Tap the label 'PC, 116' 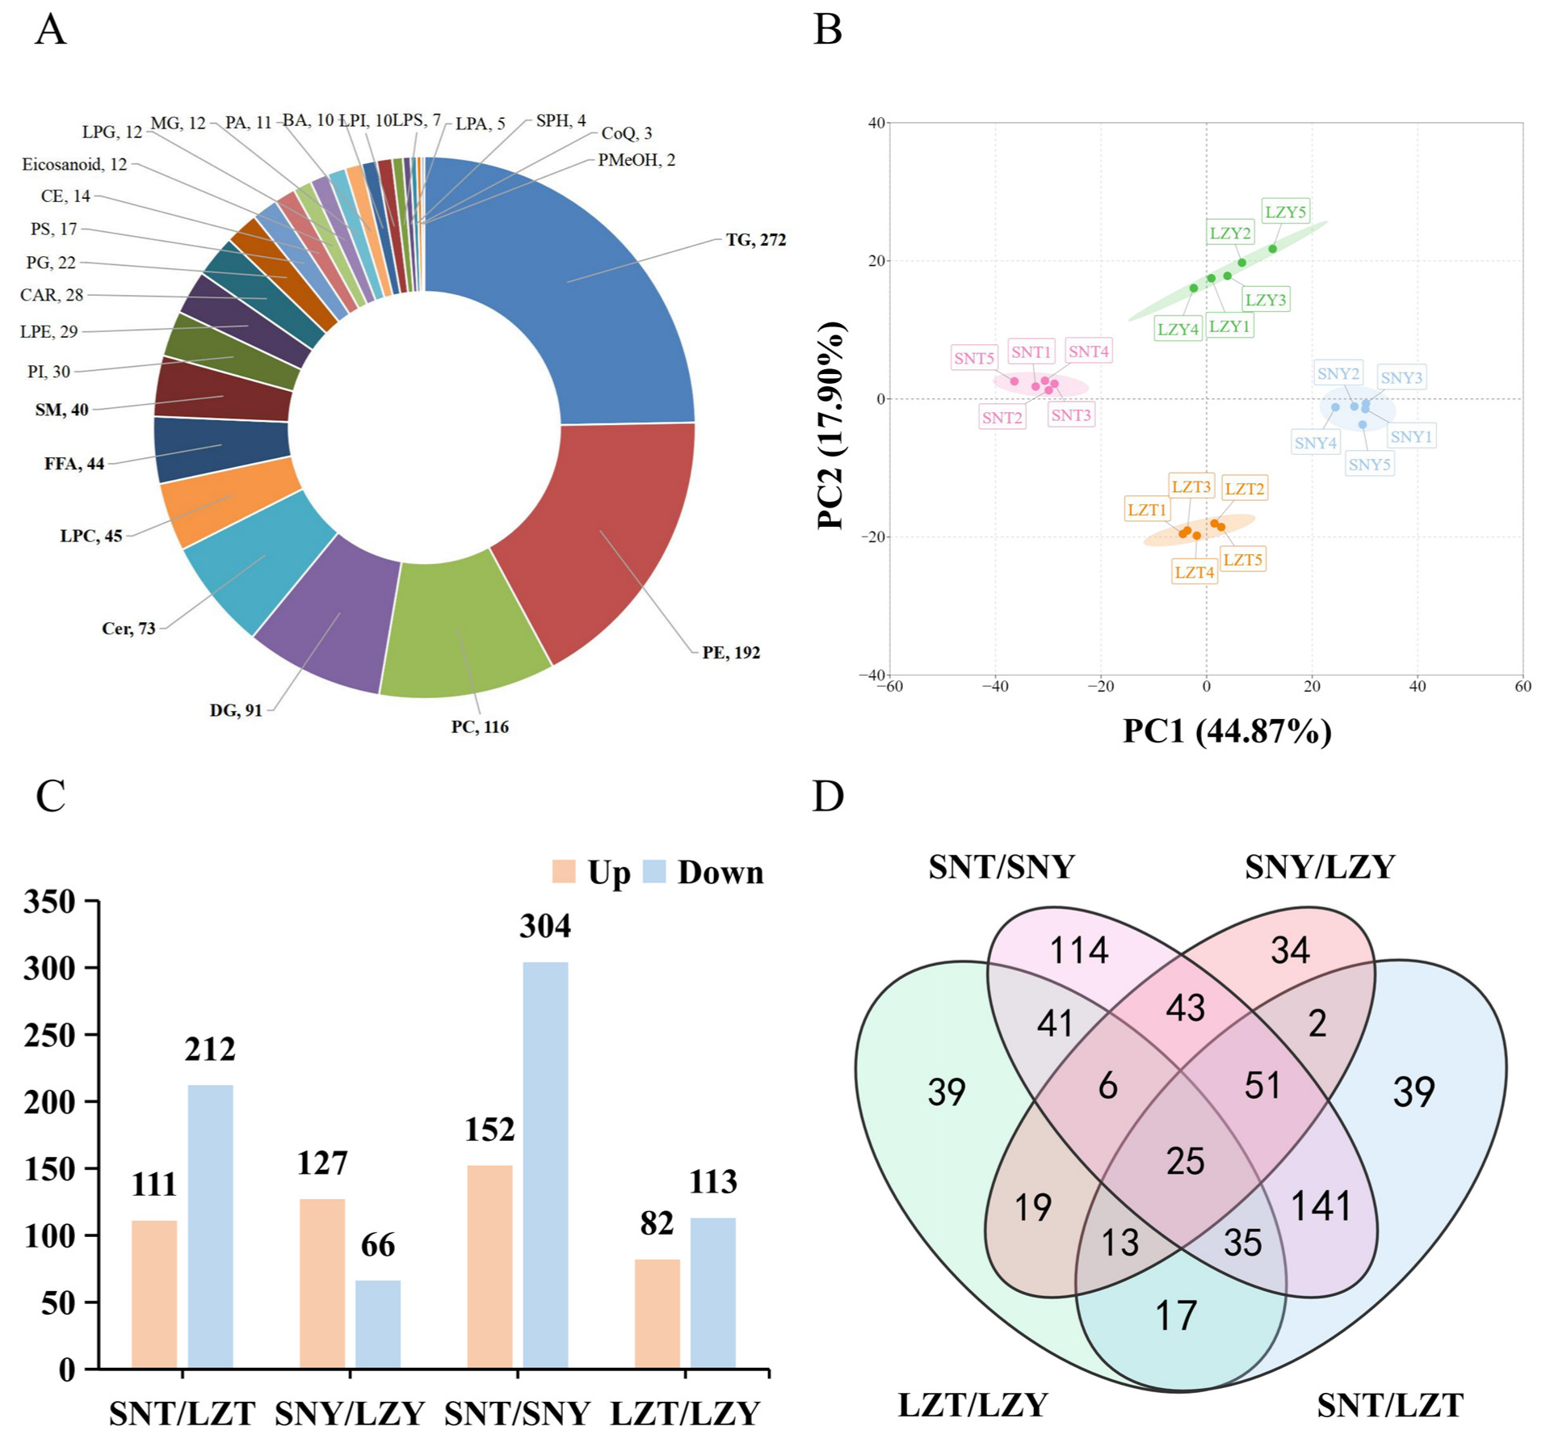(x=480, y=726)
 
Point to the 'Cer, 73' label (x=128, y=629)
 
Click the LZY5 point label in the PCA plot (x=1284, y=212)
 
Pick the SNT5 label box (x=973, y=358)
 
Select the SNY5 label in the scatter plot (x=1369, y=465)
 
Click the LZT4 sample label (x=1194, y=572)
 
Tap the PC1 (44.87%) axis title (x=1226, y=731)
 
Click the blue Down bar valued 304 (x=545, y=1163)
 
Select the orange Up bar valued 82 (x=657, y=1313)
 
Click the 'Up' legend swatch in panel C (x=563, y=872)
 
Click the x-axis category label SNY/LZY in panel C (x=349, y=1413)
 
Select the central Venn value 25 (x=1185, y=1161)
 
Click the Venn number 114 (x=1078, y=950)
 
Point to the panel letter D (x=827, y=796)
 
